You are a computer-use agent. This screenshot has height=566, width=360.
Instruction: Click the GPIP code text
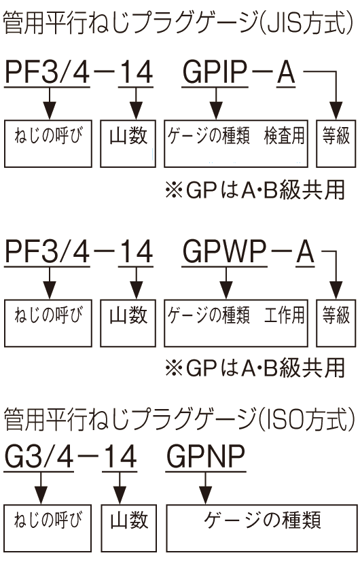click(215, 71)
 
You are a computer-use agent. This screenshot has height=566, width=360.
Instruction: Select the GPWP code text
click(224, 251)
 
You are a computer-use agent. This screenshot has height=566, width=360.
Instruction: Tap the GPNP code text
click(206, 457)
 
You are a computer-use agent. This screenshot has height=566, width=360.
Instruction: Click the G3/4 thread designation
click(39, 457)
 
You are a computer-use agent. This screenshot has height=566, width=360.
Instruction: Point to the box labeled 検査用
click(236, 143)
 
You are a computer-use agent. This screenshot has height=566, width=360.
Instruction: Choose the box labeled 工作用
click(236, 323)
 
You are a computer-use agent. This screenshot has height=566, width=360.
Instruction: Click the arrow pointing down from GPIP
click(216, 103)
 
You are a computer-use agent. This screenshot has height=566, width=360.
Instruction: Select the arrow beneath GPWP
click(226, 283)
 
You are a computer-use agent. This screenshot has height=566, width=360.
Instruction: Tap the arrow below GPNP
click(205, 488)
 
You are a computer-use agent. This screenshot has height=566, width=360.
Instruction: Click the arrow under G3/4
click(41, 488)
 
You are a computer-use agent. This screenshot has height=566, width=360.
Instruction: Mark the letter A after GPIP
click(286, 71)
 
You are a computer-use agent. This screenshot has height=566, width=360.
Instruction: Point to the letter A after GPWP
click(305, 251)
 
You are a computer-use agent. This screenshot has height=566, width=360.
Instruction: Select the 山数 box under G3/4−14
click(129, 528)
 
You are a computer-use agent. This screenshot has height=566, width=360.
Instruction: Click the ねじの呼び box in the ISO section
click(48, 528)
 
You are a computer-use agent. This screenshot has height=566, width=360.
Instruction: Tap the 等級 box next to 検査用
click(336, 143)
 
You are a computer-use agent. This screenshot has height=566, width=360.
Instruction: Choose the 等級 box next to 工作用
click(336, 323)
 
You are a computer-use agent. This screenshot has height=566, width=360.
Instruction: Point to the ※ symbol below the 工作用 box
click(174, 368)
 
